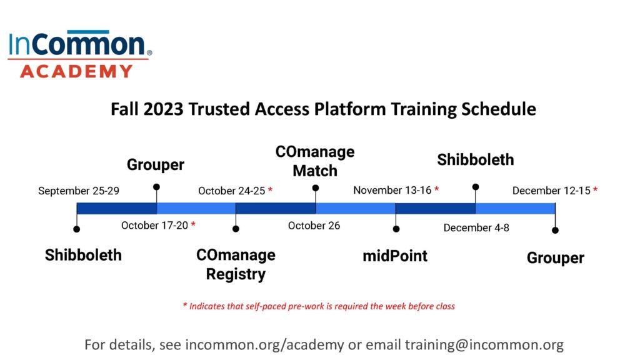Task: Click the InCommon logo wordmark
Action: click(x=79, y=43)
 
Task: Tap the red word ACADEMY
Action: click(x=76, y=71)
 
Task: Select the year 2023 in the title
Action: click(x=163, y=109)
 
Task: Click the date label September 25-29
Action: click(x=78, y=191)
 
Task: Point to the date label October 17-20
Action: click(x=155, y=225)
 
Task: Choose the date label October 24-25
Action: click(x=231, y=191)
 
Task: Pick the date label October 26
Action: click(x=314, y=226)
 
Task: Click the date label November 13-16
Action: click(x=392, y=190)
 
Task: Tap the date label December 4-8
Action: click(x=476, y=227)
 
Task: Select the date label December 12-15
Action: click(x=551, y=191)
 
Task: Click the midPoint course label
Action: click(x=395, y=256)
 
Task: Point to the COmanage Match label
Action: click(x=315, y=161)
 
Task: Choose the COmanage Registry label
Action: click(x=236, y=264)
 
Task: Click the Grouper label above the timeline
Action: click(x=156, y=165)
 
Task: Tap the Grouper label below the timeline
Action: click(x=556, y=258)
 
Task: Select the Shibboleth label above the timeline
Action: click(x=476, y=159)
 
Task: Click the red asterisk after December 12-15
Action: click(x=596, y=189)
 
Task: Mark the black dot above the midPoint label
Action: click(x=396, y=229)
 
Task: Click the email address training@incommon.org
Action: click(x=484, y=344)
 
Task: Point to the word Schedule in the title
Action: click(x=499, y=109)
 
